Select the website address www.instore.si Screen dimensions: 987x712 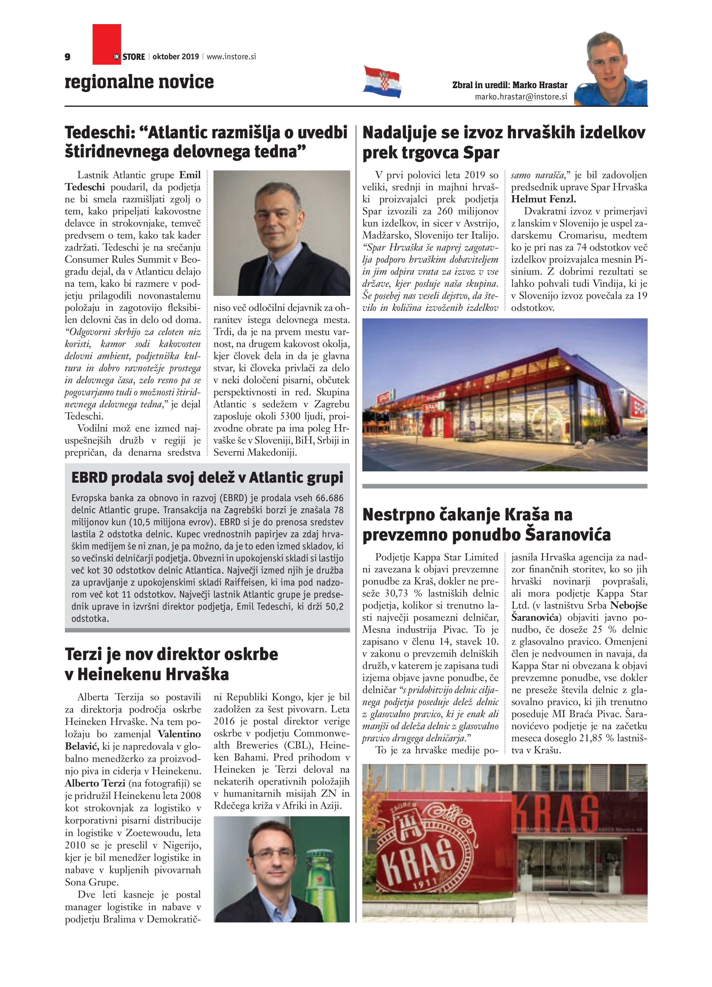[231, 57]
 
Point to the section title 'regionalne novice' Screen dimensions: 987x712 [139, 82]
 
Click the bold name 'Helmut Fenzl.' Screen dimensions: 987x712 [544, 199]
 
